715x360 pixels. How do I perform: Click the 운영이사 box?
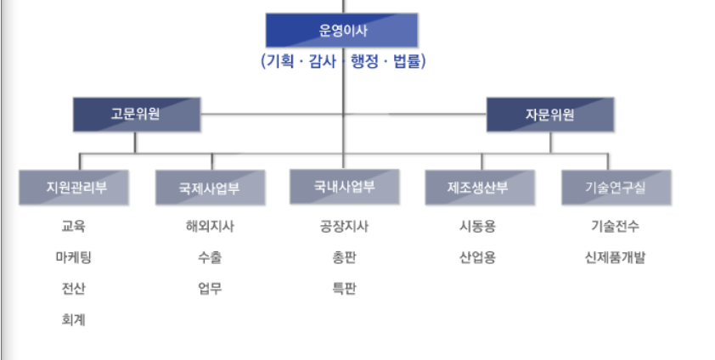pos(341,31)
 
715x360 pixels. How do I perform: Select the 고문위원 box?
pos(136,115)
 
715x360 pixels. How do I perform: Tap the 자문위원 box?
pos(549,115)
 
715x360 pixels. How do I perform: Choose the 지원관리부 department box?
pos(75,188)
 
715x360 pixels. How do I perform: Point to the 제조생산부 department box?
pos(479,188)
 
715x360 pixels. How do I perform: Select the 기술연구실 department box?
pos(616,188)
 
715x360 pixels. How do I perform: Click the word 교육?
pos(74,227)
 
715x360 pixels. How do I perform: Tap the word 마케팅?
pos(74,257)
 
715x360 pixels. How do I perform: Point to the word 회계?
pos(74,319)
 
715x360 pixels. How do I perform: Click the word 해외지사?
pos(210,227)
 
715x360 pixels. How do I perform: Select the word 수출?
pos(210,257)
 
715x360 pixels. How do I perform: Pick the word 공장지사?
pos(344,227)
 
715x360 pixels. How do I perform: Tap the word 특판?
pos(344,289)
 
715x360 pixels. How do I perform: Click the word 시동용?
pos(478,227)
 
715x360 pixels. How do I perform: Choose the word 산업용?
pos(478,257)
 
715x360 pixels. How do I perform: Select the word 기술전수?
pos(616,227)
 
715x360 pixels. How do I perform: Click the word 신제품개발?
pos(616,257)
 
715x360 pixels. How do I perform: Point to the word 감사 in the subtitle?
pos(322,61)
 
